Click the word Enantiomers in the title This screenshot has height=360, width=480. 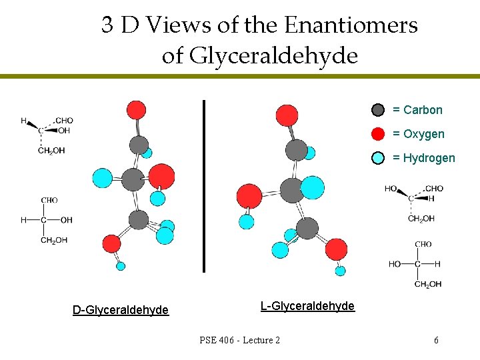point(351,25)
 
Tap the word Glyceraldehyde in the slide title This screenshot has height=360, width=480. point(273,56)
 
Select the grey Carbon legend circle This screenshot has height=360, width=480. point(378,110)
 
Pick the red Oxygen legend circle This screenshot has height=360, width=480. point(378,134)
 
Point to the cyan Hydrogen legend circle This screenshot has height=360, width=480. point(378,158)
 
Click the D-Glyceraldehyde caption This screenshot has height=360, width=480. point(120,309)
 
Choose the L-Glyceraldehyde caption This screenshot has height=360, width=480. point(307,306)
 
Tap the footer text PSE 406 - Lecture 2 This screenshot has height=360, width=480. point(239,341)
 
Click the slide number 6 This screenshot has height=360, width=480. point(436,341)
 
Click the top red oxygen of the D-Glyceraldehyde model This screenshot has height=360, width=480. point(136,109)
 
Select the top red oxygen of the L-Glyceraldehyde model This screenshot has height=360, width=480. point(287,115)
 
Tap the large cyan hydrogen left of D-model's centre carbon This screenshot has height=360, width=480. point(102,177)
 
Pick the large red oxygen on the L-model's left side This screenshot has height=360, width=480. point(250,197)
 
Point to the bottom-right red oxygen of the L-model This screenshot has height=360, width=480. point(336,250)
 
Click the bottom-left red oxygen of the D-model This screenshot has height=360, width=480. point(111,244)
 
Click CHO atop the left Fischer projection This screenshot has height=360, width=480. point(49,200)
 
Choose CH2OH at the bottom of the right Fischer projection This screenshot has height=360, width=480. point(428,285)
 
